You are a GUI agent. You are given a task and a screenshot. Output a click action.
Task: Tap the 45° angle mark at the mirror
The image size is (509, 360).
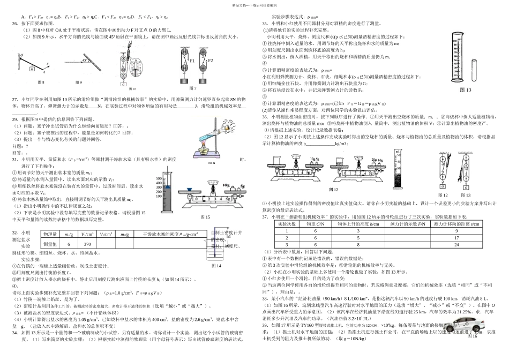tap(84, 61)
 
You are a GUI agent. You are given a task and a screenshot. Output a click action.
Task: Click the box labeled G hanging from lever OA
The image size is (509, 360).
tap(33, 69)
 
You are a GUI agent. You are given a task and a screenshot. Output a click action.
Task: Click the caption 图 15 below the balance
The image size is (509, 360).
tap(206, 217)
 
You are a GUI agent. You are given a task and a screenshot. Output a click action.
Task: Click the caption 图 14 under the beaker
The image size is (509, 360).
tap(216, 266)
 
